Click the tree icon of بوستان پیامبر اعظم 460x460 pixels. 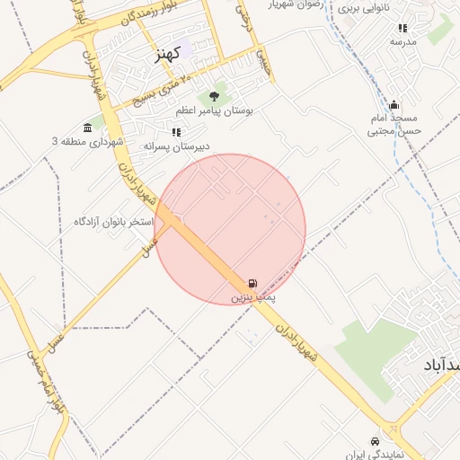(214, 96)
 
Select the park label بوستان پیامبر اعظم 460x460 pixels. (215, 110)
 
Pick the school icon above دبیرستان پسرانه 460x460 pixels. (175, 132)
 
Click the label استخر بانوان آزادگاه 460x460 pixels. (115, 220)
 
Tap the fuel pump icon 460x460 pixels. (252, 282)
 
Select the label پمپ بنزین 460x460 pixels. (253, 296)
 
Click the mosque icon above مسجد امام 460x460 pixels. (394, 105)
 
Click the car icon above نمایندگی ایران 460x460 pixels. (375, 441)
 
